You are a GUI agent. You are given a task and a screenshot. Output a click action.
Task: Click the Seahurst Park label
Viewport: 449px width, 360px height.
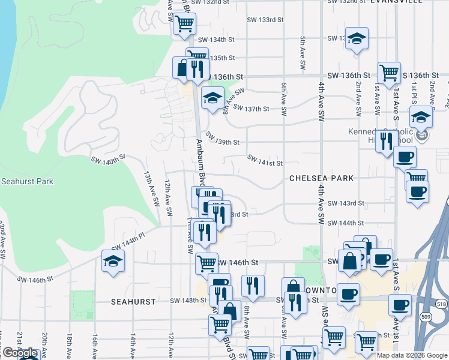pyautogui.click(x=27, y=181)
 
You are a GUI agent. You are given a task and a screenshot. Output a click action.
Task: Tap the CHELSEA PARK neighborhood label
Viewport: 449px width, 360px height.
pyautogui.click(x=321, y=178)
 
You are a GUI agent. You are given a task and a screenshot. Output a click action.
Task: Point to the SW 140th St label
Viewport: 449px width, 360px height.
pyautogui.click(x=108, y=161)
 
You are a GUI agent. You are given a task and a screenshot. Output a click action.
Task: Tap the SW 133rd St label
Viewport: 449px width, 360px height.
pyautogui.click(x=265, y=20)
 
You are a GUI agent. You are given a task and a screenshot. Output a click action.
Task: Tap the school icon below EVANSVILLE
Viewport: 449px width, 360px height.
pyautogui.click(x=357, y=38)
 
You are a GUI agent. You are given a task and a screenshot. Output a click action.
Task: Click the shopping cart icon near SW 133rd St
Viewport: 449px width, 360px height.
pyautogui.click(x=184, y=24)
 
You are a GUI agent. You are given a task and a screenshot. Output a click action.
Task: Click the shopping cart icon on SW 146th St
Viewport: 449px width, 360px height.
pyautogui.click(x=206, y=262)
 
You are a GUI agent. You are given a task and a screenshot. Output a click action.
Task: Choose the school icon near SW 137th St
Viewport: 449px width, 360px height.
pyautogui.click(x=212, y=98)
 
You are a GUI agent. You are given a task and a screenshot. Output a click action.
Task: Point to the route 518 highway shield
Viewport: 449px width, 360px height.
pyautogui.click(x=443, y=305)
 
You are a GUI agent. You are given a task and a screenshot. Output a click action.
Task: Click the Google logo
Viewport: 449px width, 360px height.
pyautogui.click(x=20, y=353)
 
